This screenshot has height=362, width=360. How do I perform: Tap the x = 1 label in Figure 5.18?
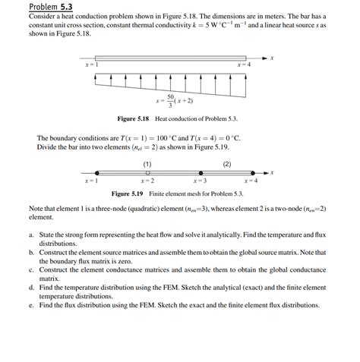[91, 65]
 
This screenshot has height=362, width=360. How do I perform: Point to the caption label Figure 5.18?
[134, 119]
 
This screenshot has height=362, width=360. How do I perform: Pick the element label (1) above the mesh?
[147, 164]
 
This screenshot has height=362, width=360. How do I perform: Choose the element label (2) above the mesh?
[226, 164]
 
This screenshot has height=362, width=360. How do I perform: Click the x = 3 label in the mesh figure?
[199, 181]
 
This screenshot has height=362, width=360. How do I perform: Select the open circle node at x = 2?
[147, 173]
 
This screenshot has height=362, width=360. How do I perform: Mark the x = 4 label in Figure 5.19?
[251, 181]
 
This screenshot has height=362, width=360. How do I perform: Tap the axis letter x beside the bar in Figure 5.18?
[272, 58]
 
